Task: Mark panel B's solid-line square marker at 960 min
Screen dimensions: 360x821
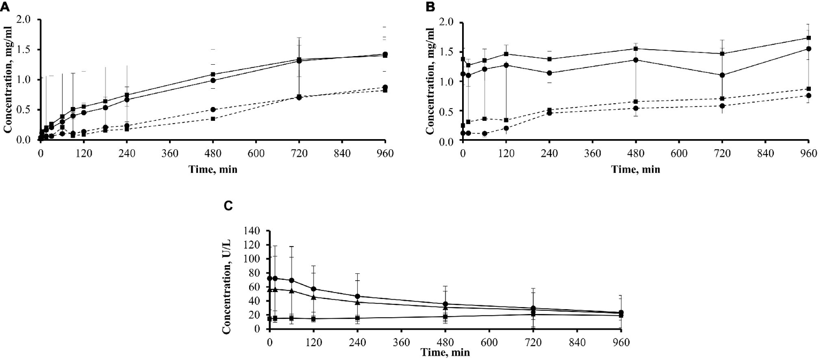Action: [x=808, y=38]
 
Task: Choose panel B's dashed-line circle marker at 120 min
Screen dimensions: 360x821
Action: [x=506, y=128]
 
